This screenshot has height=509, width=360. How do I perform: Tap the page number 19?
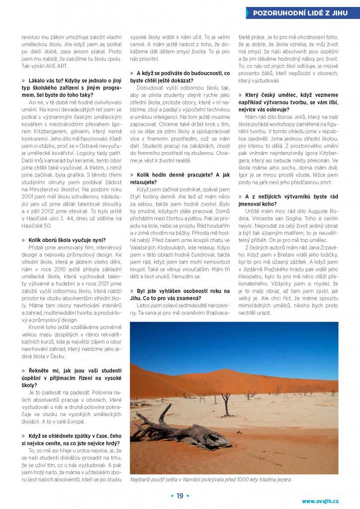point(180,495)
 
